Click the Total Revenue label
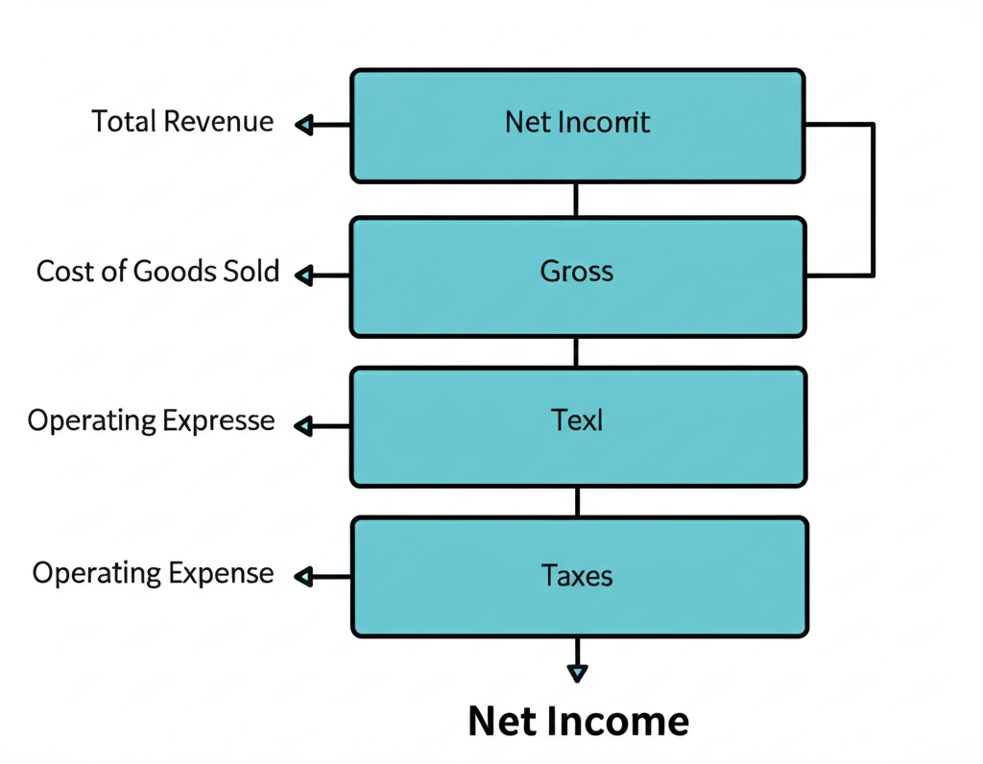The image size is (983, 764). pyautogui.click(x=182, y=122)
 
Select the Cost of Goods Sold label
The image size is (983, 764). pyautogui.click(x=157, y=272)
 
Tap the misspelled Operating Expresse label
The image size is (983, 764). pyautogui.click(x=151, y=421)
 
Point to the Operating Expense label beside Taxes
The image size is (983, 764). pyautogui.click(x=153, y=573)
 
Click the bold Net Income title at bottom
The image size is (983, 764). pyautogui.click(x=578, y=721)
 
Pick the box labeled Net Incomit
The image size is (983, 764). pyautogui.click(x=577, y=125)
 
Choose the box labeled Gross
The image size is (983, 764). pyautogui.click(x=577, y=276)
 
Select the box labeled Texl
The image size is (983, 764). pyautogui.click(x=577, y=426)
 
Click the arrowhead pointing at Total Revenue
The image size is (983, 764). pyautogui.click(x=304, y=124)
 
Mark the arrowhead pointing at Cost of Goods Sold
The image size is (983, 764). pyautogui.click(x=304, y=276)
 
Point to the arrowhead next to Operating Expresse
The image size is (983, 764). pyautogui.click(x=304, y=426)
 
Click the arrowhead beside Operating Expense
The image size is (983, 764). pyautogui.click(x=304, y=577)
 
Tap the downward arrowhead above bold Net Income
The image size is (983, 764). pyautogui.click(x=577, y=673)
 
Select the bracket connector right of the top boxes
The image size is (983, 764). pyautogui.click(x=872, y=200)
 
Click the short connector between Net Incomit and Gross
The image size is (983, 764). pyautogui.click(x=576, y=200)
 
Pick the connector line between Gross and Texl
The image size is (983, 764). pyautogui.click(x=576, y=351)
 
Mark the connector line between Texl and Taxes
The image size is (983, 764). pyautogui.click(x=576, y=501)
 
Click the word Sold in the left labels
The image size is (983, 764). pyautogui.click(x=253, y=272)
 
